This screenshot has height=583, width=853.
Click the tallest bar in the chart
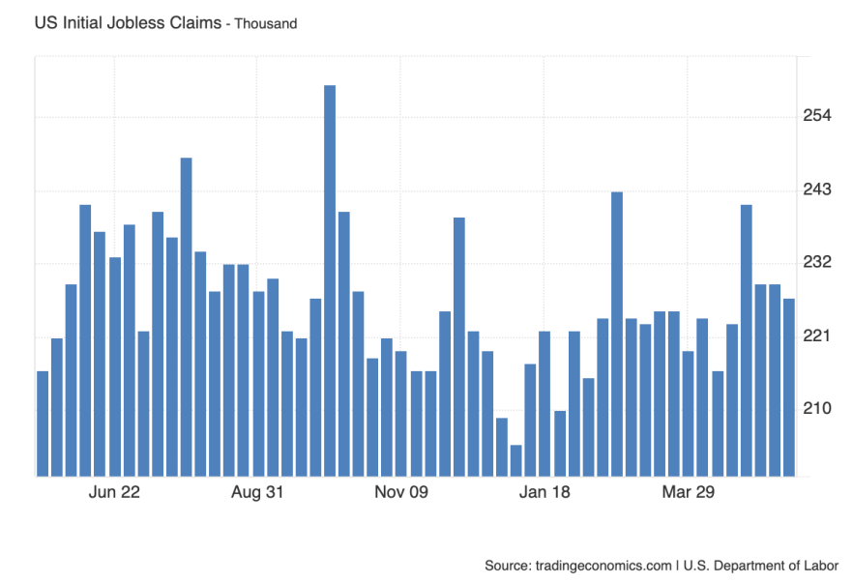pos(330,280)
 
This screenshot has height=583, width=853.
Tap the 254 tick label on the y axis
pos(817,117)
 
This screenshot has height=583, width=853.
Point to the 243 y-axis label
pos(817,190)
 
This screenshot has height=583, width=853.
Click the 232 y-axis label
pos(817,263)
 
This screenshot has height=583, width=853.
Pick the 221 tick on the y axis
pos(817,336)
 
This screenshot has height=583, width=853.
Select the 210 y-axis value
pos(817,409)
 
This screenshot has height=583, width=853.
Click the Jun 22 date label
pos(114,493)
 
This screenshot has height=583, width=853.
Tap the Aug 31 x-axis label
pos(257,493)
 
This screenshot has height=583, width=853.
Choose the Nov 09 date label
pos(401,493)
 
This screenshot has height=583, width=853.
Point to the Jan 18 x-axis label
pos(544,493)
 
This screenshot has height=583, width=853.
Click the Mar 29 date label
pos(688,493)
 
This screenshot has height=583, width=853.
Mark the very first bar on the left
pos(43,423)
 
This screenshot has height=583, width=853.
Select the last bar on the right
pos(789,387)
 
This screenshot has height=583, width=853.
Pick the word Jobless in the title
pos(135,22)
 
